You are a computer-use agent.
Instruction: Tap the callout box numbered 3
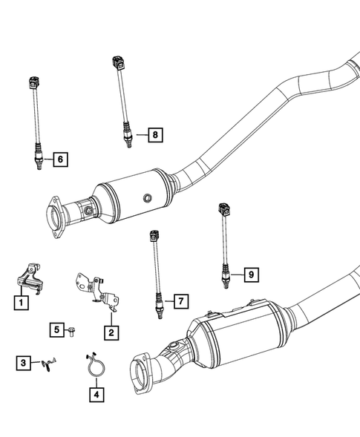pyautogui.click(x=24, y=362)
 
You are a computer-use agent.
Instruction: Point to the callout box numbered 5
pyautogui.click(x=56, y=329)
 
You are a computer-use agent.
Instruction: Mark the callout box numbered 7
pyautogui.click(x=179, y=301)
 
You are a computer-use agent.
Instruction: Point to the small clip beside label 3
pyautogui.click(x=48, y=363)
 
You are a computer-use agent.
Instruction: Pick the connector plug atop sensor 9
pyautogui.click(x=221, y=208)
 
